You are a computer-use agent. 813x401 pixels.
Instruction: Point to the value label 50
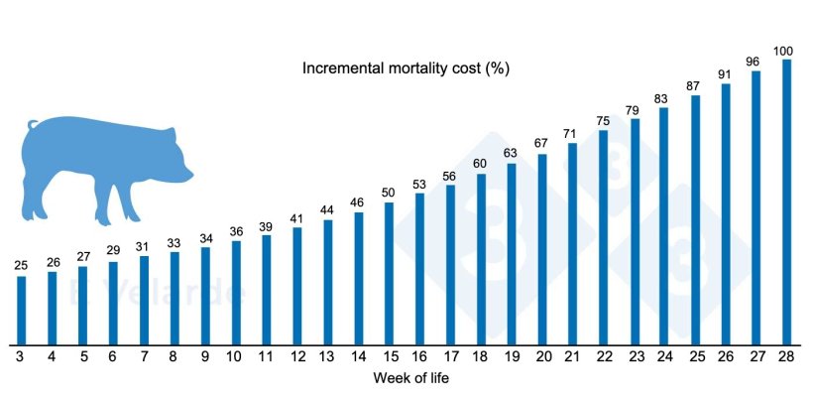[389, 193]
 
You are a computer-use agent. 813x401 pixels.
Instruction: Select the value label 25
[21, 266]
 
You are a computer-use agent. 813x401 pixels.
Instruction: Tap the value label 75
[603, 121]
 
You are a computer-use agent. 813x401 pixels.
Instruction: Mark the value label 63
[511, 153]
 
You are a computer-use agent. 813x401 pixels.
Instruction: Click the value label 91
[726, 73]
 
